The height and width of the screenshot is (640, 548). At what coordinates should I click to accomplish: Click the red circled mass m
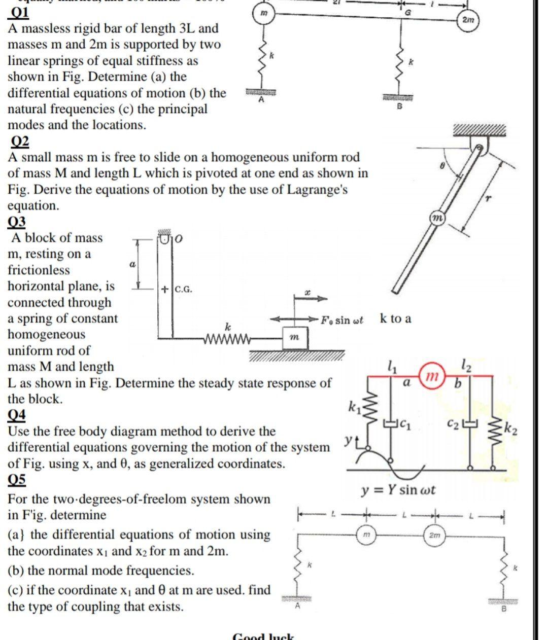(431, 376)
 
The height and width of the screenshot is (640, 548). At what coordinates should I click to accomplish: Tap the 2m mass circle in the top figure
(468, 20)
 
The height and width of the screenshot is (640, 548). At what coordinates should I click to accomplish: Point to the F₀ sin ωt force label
(341, 320)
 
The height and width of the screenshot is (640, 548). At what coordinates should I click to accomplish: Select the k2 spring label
(510, 431)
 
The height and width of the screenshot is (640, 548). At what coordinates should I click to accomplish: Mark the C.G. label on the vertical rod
(183, 290)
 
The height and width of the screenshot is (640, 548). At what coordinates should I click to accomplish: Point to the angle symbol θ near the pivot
(442, 165)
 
